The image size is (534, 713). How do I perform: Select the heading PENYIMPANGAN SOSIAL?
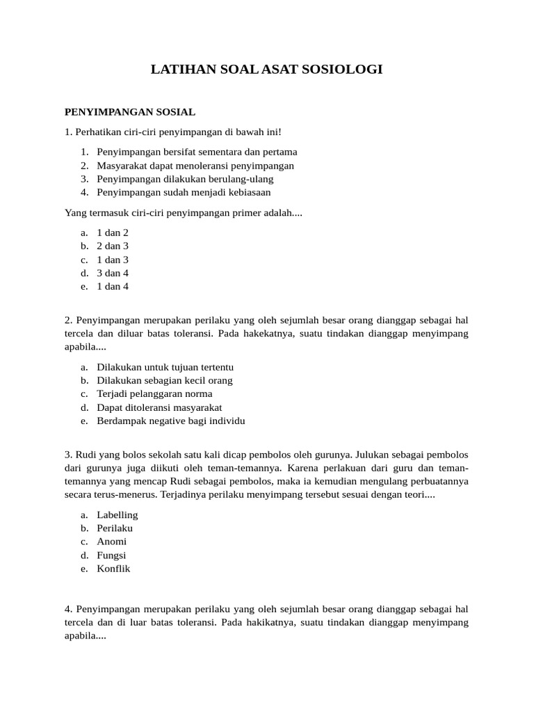pos(130,111)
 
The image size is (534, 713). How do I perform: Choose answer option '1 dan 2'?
pos(113,233)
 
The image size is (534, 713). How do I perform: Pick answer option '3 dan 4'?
pos(113,273)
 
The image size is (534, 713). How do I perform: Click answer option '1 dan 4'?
pos(113,286)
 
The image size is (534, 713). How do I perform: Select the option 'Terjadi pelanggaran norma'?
pos(154,394)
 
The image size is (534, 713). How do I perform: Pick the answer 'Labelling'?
pos(118,515)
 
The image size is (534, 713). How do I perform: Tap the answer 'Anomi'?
pos(112,542)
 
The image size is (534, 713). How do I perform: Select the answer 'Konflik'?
pos(113,568)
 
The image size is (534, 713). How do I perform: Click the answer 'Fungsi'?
pos(111,555)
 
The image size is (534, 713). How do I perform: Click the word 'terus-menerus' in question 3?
pos(127,494)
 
